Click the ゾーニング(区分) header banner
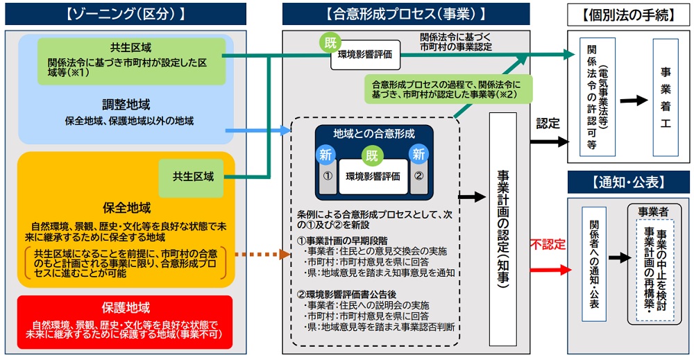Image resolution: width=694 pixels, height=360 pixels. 126,14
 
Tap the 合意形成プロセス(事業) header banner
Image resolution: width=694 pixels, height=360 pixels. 406,14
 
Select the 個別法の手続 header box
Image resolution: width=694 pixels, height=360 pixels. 629,15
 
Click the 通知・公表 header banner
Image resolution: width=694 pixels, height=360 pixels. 629,182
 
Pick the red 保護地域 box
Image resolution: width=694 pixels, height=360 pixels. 125,322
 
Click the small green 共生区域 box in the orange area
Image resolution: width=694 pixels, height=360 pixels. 192,178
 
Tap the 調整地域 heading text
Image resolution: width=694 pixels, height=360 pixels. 126,105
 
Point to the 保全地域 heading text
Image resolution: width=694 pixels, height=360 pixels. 127,208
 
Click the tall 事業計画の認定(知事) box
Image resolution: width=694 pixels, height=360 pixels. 502,229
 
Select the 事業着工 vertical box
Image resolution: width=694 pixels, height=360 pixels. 666,97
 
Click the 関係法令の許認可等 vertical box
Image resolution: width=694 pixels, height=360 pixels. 598,97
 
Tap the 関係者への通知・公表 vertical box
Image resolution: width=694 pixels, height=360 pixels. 594,264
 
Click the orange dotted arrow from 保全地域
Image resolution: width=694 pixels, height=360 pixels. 262,255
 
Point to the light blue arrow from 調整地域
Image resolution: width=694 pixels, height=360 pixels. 258,130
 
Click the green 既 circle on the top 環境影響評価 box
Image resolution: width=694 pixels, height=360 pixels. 330,43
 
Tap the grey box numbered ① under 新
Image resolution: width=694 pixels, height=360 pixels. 328,177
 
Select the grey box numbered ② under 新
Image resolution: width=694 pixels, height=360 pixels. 418,177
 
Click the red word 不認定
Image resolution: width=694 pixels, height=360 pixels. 548,244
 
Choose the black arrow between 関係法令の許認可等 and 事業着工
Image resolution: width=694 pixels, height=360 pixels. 634,101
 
